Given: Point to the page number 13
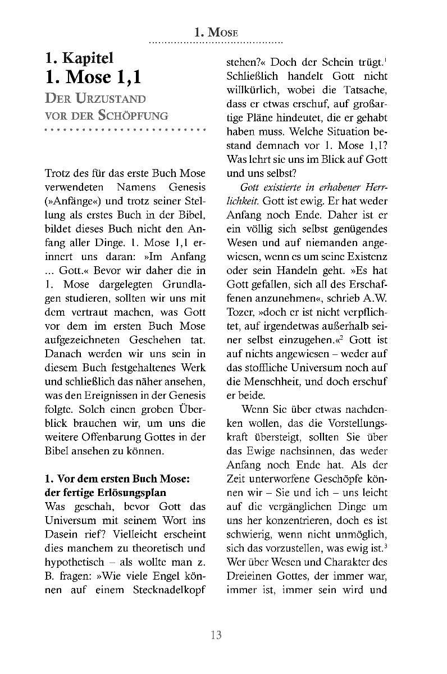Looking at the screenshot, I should [x=216, y=635].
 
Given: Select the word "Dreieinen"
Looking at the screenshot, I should [x=249, y=575].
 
